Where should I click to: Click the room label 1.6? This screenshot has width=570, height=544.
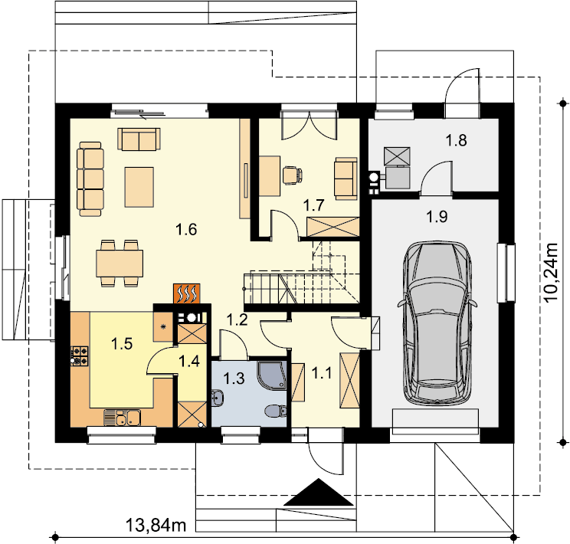186,229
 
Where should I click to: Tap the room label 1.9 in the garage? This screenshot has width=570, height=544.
437,217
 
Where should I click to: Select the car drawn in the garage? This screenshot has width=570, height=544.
437,323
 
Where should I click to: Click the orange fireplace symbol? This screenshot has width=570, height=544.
186,293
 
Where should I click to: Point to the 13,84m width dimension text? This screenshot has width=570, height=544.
156,525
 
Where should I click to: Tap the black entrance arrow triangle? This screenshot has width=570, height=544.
319,492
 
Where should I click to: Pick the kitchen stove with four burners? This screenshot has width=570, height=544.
80,356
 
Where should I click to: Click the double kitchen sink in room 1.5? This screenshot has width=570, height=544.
122,417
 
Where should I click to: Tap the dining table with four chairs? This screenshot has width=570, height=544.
120,264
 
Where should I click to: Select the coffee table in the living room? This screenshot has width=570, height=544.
139,187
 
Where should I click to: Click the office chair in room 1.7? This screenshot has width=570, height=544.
292,175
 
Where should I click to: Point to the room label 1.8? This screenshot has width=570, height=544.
456,140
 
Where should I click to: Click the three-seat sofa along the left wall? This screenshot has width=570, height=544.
90,179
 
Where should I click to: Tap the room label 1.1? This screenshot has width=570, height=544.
322,373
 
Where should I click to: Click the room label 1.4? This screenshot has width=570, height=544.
189,361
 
